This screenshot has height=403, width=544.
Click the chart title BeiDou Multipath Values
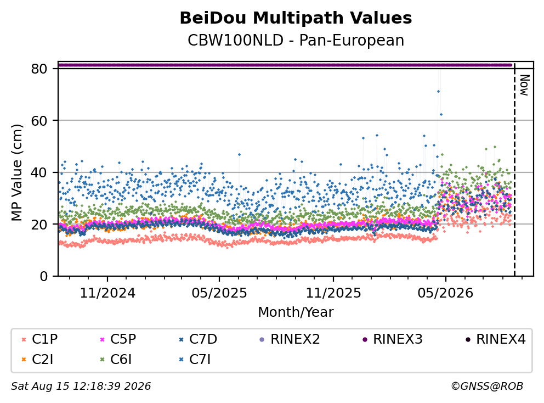tap(296, 18)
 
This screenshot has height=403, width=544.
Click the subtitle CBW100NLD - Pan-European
tap(296, 40)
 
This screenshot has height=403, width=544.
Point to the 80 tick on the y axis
tap(39, 69)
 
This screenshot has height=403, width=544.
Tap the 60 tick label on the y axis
tap(39, 121)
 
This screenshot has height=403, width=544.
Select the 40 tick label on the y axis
tap(39, 172)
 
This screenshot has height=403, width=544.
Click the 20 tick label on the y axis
tap(39, 224)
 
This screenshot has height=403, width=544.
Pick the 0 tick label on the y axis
tap(44, 276)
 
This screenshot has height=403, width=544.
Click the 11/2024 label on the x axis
tap(107, 293)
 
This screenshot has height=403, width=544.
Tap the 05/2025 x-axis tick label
tap(219, 293)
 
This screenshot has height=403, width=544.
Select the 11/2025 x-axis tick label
tap(333, 293)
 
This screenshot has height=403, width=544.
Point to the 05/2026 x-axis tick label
tap(445, 293)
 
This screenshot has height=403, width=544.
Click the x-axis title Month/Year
tap(296, 312)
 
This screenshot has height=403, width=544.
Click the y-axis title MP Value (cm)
tap(16, 172)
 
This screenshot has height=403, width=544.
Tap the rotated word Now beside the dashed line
tap(524, 85)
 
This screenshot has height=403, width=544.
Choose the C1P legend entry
tap(39, 339)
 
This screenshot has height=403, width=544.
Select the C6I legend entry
tap(116, 359)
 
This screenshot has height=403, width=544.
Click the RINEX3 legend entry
tap(393, 339)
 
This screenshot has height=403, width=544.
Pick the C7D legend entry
tap(198, 339)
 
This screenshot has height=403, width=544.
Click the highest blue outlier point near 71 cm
tap(438, 91)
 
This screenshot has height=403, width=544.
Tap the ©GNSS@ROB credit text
tap(487, 386)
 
